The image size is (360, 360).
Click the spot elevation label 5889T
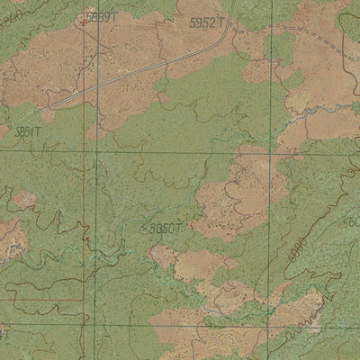point(102,17)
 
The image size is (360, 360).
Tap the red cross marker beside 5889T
point(84,21)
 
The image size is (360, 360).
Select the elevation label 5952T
point(208,22)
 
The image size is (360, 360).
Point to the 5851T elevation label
point(27,130)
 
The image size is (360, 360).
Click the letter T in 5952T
point(221,22)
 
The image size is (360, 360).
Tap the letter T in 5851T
point(39,130)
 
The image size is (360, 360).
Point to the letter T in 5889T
point(115,17)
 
